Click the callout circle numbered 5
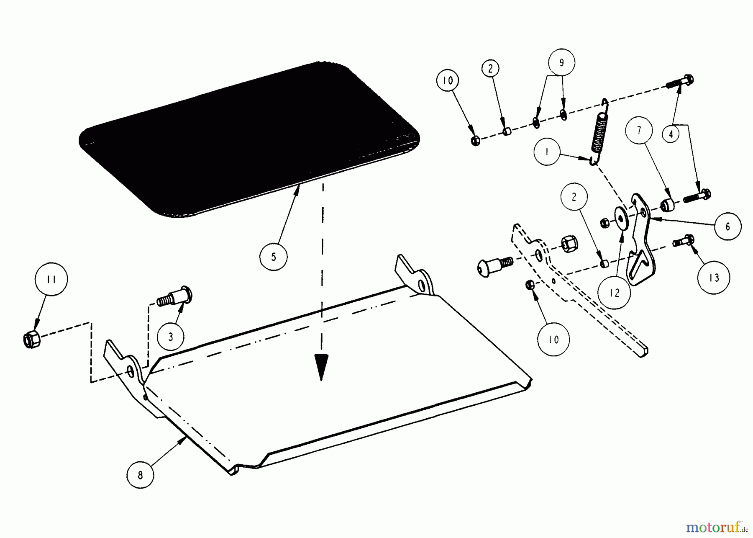tap(274, 256)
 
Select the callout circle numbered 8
tap(140, 475)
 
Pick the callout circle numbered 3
tap(171, 337)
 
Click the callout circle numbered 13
tap(714, 277)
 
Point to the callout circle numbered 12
tap(614, 293)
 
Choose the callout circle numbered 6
tap(727, 226)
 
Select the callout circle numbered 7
tap(639, 131)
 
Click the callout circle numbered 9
tap(561, 63)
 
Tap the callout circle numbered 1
tap(547, 152)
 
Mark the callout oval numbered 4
tap(671, 134)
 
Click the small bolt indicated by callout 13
tap(684, 241)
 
